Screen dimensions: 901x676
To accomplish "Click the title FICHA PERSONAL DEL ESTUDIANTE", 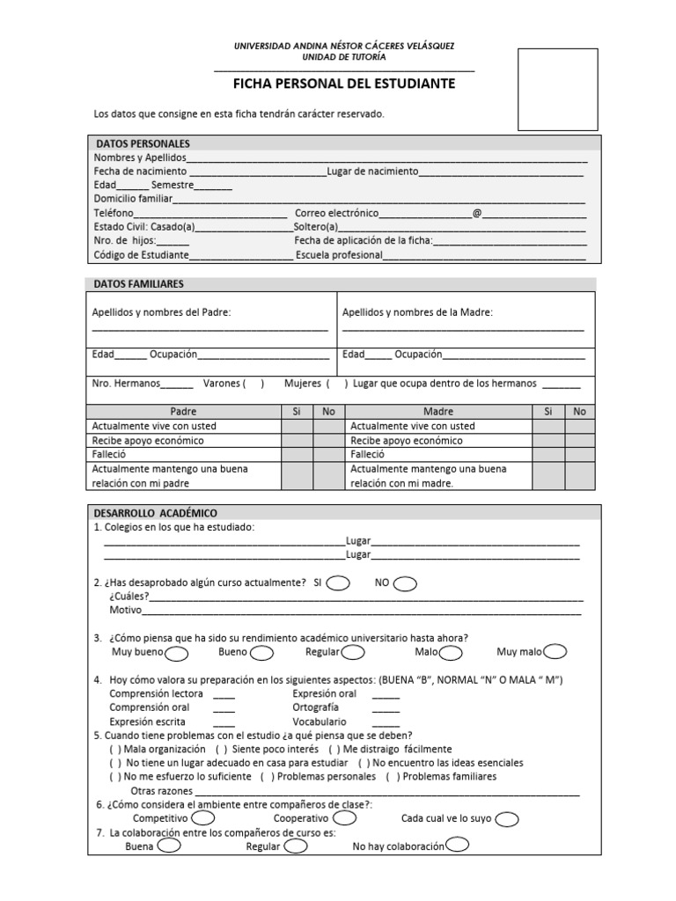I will pos(343,84).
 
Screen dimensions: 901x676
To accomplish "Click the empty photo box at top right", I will pos(556,87).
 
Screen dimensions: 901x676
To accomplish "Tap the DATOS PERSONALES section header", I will pos(143,143).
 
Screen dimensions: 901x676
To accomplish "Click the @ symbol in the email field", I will pos(477,214).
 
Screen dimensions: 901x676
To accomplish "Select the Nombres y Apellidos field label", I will pos(140,157).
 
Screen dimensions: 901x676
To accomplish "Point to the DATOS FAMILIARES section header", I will pos(140,284).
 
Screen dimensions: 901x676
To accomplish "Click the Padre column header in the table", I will pos(183,411).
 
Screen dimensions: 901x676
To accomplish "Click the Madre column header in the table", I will pos(437,411).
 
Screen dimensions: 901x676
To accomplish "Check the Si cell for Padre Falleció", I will pos(297,455).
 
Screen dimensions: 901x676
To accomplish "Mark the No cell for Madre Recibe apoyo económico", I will pos(579,440).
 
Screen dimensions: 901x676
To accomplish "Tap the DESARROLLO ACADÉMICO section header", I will pos(156,513).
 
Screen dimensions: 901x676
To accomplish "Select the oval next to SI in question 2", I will pos(340,583).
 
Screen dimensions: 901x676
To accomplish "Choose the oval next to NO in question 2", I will pos(406,583).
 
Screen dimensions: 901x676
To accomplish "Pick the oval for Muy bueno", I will pos(176,653).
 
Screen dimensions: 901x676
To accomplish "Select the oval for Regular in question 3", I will pos(353,653).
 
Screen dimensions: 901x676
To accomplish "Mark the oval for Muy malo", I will pos(555,652).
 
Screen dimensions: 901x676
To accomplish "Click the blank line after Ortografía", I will pos(386,707).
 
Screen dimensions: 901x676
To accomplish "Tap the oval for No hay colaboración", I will pos(457,846).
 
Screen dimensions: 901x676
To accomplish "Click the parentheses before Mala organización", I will pos(115,749).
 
